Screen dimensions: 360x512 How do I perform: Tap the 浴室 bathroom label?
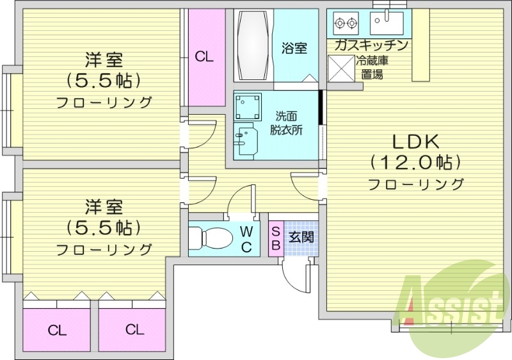coord(294,48)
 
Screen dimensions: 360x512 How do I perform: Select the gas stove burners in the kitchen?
coord(346,24)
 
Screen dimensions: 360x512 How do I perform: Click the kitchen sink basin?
coord(388,24)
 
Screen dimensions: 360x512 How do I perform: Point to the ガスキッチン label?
coord(371,45)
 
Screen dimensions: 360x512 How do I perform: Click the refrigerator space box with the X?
coord(340,69)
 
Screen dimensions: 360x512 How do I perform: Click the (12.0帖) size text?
coord(414,163)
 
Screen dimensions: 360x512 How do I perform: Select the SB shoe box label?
coord(275,238)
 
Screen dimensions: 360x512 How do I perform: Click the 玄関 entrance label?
coord(300,236)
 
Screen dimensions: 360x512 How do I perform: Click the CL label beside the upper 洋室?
coord(204,57)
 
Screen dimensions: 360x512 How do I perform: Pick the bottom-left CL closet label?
coord(57,331)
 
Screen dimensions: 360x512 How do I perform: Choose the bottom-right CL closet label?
coord(134,330)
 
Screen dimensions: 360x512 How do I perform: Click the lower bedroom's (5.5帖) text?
coord(104,227)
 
